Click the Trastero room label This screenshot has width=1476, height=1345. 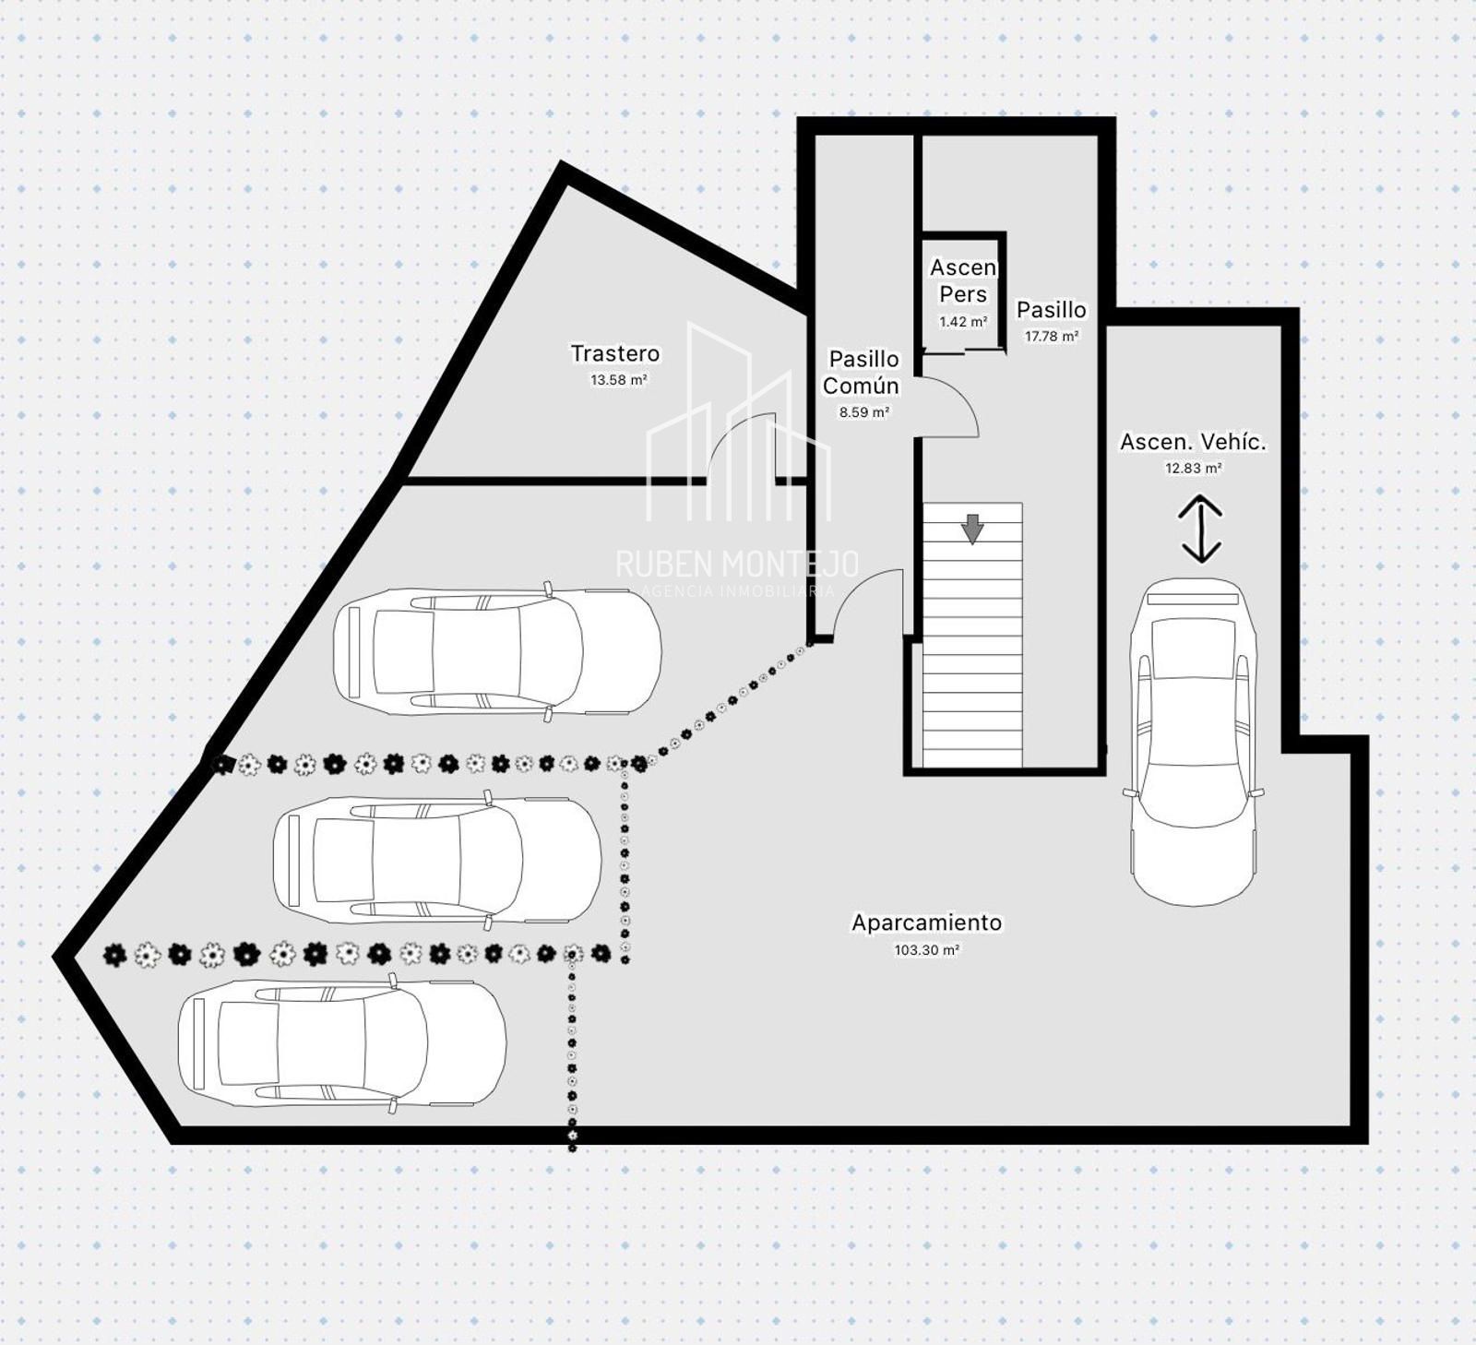pos(615,353)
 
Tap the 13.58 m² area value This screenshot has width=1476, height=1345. pos(618,379)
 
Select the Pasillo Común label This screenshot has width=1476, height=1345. pos(862,372)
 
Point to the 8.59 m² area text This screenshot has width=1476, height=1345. pos(864,412)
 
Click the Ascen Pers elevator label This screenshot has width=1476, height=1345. pos(963,280)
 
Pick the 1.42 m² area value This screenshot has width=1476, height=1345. pos(963,322)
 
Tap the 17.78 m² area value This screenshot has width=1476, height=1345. pos(1052,337)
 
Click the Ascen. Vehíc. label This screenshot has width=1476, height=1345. pos(1193,442)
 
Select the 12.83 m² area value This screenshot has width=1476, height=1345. pos(1193,468)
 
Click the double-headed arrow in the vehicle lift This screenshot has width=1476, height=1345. pos(1200,529)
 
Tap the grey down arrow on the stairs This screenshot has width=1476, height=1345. pos(972,529)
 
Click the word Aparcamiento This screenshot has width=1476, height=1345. pos(926,922)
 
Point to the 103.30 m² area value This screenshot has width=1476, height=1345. pos(926,949)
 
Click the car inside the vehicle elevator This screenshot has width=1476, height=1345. pos(1194,742)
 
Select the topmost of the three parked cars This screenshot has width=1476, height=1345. pos(497,651)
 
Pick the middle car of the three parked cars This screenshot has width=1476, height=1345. pos(437,860)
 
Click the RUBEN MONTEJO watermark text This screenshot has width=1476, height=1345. pos(737,564)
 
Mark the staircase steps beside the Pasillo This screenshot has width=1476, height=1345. pos(972,635)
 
